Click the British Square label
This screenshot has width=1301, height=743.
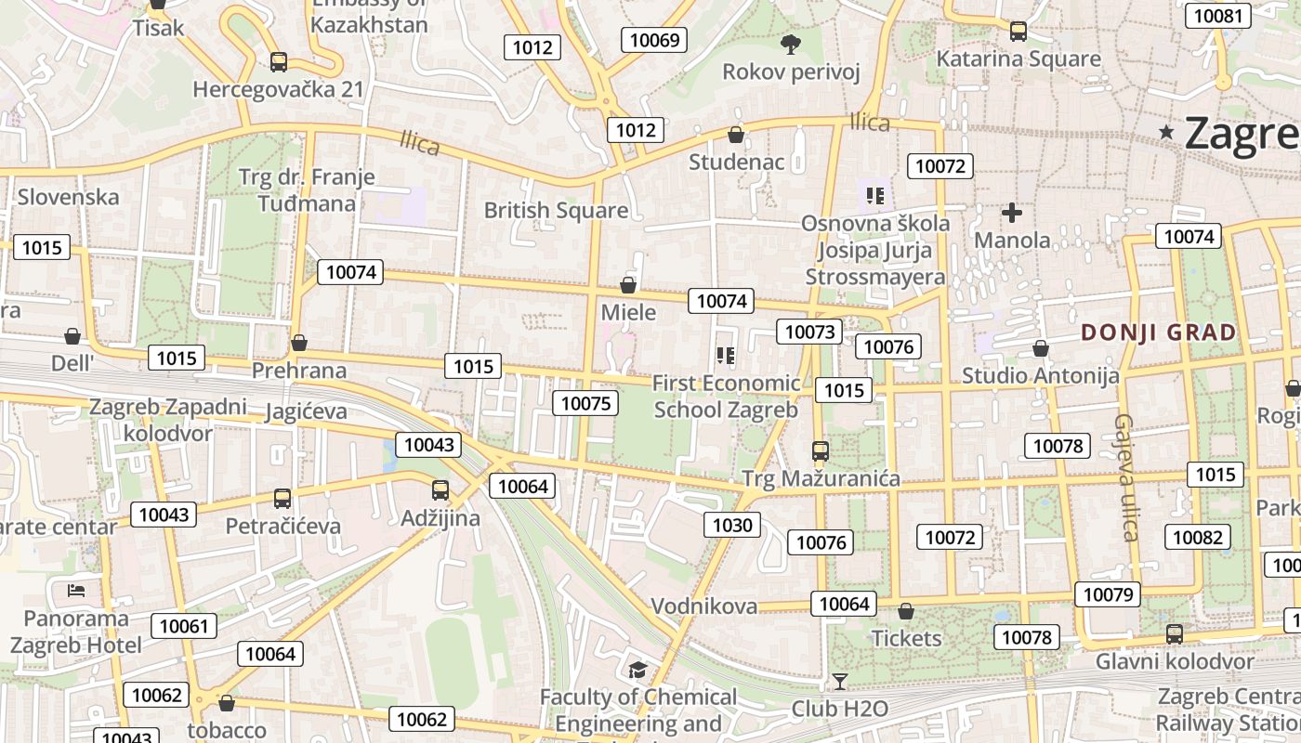[556, 211]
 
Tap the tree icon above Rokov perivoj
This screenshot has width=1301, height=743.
[791, 43]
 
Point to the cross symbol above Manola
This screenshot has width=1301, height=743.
[1012, 214]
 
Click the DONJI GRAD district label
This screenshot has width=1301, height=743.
[1158, 332]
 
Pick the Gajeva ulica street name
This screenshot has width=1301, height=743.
[1127, 477]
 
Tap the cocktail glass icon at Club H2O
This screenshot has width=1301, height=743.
[840, 682]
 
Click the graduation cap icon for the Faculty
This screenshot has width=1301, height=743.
[637, 671]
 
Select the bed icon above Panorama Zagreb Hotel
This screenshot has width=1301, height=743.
[76, 591]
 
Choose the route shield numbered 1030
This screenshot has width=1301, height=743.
[731, 526]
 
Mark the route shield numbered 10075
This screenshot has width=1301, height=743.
[585, 403]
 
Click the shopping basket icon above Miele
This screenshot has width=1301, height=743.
[628, 285]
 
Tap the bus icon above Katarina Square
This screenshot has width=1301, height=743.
[1018, 32]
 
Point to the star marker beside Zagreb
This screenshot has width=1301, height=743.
[1166, 133]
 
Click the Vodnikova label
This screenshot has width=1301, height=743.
[703, 606]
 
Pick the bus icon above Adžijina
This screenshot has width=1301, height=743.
[440, 490]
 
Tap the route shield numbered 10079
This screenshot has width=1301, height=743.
[1108, 594]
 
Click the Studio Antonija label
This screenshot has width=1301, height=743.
[1040, 376]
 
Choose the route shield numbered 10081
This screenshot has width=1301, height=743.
[1217, 15]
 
